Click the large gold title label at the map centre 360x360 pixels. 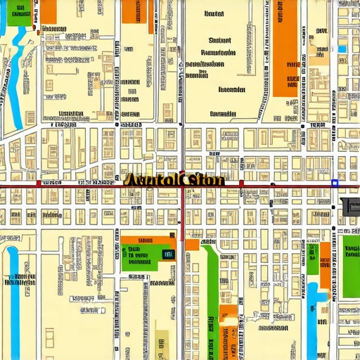click(174, 179)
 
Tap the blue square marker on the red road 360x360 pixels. click(335, 183)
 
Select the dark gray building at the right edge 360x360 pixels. click(349, 208)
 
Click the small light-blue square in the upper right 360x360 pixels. click(342, 49)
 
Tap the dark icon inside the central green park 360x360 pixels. click(167, 254)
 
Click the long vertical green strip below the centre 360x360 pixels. click(211, 281)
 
